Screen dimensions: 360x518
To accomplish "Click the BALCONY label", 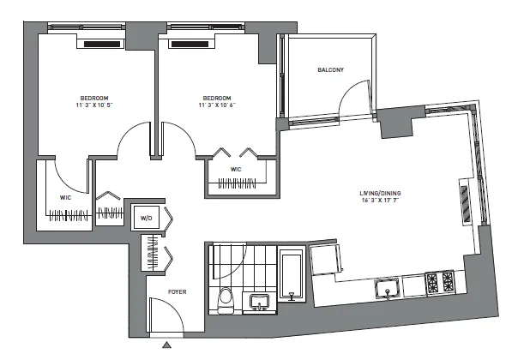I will coord(329,70).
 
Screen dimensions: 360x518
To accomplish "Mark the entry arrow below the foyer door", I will coord(167,345).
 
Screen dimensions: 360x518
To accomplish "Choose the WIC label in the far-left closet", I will coord(65,197).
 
